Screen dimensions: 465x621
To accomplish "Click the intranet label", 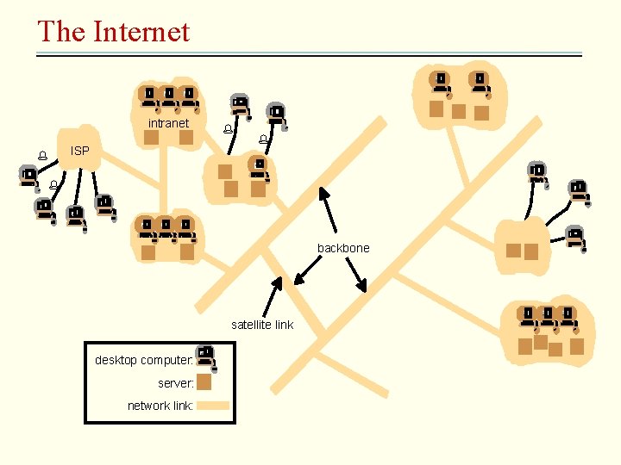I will click(x=168, y=123).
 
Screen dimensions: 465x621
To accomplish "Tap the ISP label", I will click(x=79, y=151).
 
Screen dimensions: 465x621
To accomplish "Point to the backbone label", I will click(x=343, y=248).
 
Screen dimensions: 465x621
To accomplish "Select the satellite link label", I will click(x=262, y=325).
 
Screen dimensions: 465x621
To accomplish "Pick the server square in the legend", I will click(x=204, y=382).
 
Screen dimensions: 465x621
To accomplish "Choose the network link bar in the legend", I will click(x=213, y=405).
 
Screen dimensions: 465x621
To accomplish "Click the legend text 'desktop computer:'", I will click(x=144, y=360).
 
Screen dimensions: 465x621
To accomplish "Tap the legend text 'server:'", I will click(x=176, y=382).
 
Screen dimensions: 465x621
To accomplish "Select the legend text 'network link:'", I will click(x=160, y=405).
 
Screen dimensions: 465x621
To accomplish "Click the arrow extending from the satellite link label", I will click(x=273, y=296).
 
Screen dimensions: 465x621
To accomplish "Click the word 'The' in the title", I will click(x=60, y=32).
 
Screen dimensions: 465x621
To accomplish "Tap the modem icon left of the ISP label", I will click(x=41, y=156).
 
